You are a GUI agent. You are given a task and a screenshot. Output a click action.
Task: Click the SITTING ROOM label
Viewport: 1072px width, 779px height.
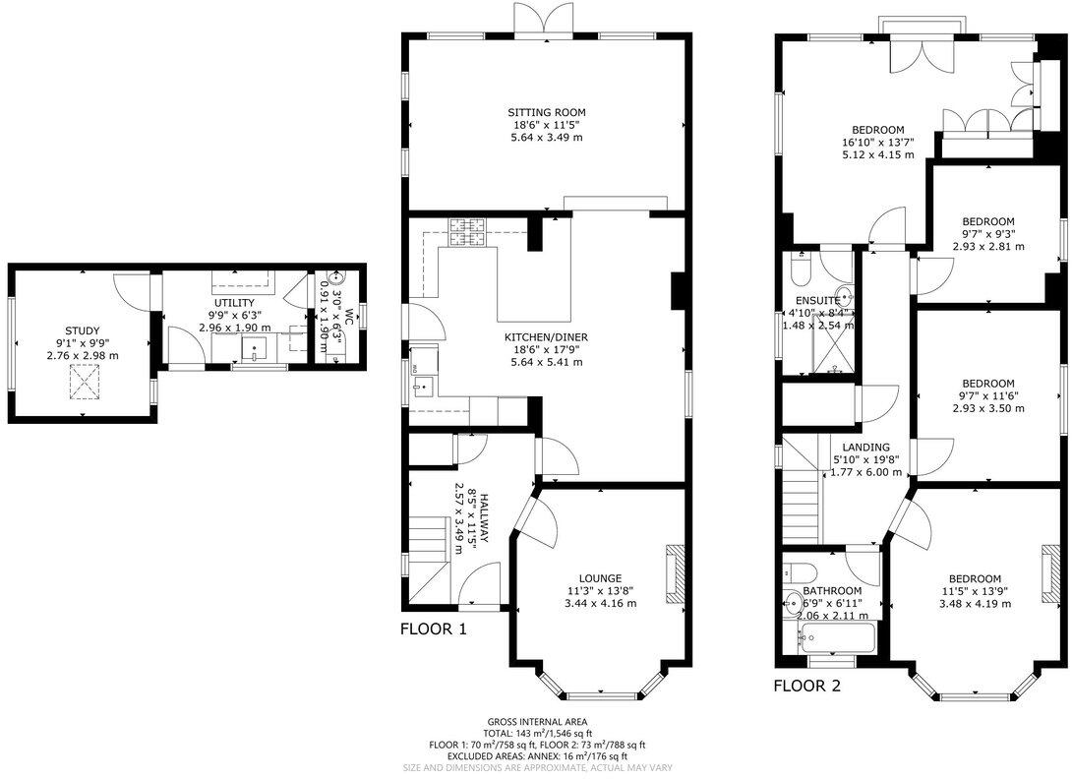[x=545, y=111]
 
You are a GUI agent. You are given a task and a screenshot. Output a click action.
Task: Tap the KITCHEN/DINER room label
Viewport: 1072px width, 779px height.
[x=546, y=336]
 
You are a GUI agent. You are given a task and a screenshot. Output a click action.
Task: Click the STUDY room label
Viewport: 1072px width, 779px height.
[x=83, y=330]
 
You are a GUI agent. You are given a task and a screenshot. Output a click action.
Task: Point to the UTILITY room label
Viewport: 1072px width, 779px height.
[x=234, y=302]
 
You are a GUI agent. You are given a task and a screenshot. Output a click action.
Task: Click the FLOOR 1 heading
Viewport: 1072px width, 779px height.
[x=433, y=629]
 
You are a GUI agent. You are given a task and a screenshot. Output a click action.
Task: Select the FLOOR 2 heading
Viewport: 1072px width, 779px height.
[x=806, y=686]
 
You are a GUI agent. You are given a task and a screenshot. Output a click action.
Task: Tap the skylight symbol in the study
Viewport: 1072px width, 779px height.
[x=84, y=381]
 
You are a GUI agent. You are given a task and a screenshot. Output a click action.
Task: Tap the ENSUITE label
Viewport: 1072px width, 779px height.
[x=817, y=300]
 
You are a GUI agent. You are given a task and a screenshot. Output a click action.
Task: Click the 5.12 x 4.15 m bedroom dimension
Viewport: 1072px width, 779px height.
[x=877, y=154]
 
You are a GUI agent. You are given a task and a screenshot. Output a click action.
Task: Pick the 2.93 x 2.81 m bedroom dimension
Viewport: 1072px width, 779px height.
[x=987, y=246]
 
